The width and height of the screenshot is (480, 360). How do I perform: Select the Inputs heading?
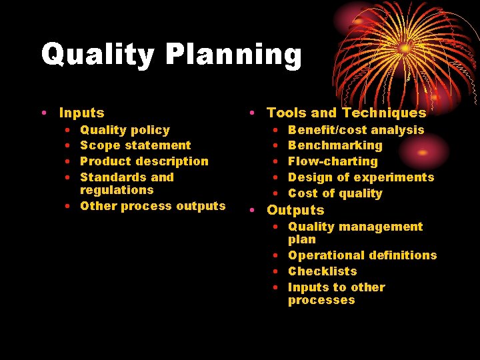[x=81, y=113]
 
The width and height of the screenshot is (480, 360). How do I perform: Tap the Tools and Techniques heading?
[x=346, y=113]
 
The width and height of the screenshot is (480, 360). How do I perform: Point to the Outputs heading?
[x=295, y=210]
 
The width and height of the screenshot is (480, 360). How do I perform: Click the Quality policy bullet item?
[x=125, y=130]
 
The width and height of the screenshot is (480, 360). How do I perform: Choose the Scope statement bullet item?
[x=135, y=145]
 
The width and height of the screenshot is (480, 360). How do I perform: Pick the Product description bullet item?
[x=144, y=161]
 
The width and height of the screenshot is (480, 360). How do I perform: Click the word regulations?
[x=117, y=190]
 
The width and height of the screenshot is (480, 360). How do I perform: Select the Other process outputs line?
[x=153, y=206]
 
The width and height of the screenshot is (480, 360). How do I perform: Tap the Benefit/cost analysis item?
[x=356, y=130]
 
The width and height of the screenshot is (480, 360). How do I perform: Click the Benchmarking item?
[x=335, y=145]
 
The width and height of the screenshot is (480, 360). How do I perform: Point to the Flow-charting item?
[x=333, y=161]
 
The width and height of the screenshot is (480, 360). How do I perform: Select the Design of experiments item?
[x=361, y=177]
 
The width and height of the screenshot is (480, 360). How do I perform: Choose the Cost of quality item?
[x=335, y=193]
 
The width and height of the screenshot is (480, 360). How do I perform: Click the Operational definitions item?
[x=362, y=255]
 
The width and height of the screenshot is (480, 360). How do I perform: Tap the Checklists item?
[x=322, y=271]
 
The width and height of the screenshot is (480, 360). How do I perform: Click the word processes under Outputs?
[x=321, y=301]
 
